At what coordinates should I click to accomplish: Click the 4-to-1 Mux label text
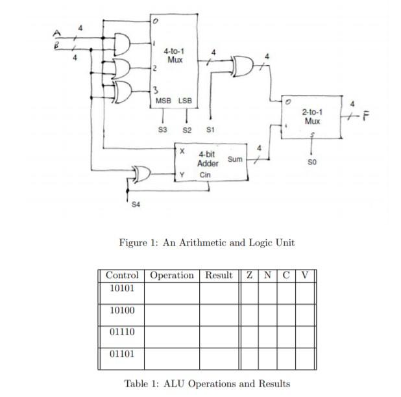click(173, 55)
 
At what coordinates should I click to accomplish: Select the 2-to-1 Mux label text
click(312, 116)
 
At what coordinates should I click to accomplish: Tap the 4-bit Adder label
click(208, 159)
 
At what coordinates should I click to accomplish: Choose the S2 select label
click(187, 130)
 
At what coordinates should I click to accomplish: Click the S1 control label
click(210, 130)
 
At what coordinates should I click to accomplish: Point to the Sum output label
click(235, 159)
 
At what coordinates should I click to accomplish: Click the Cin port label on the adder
click(205, 175)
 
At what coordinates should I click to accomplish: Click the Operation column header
click(172, 275)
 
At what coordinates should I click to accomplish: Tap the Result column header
click(219, 275)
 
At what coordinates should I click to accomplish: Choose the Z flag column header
click(249, 275)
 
